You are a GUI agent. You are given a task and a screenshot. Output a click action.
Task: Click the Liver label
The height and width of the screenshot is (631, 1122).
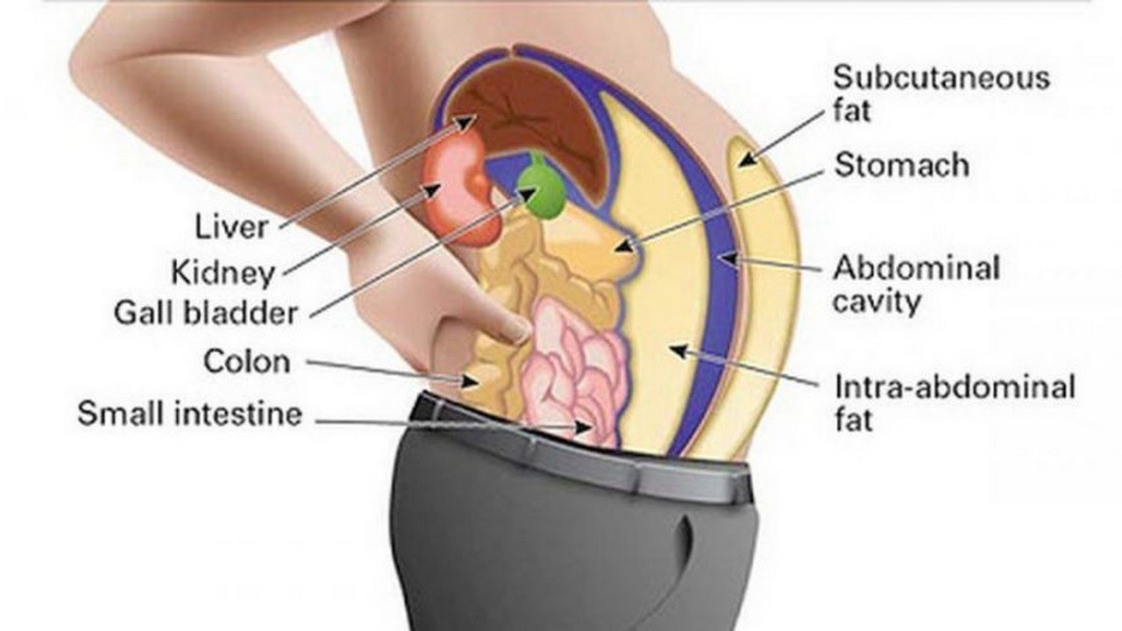coord(231,227)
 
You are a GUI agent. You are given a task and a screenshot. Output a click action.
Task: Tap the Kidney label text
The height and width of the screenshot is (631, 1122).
coord(224,273)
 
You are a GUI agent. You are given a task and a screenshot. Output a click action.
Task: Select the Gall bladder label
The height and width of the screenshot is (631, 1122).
coord(206,313)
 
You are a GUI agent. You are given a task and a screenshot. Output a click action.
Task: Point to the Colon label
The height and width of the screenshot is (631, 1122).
coord(247,361)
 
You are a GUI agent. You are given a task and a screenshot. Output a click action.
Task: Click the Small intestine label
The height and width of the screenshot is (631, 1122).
coord(190,414)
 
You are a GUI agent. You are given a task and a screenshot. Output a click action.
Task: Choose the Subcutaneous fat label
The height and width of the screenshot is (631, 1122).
coord(941,94)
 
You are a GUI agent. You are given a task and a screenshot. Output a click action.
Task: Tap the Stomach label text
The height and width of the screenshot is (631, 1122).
coord(902,166)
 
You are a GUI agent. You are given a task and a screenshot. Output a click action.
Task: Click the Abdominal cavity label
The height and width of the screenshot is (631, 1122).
coord(917,285)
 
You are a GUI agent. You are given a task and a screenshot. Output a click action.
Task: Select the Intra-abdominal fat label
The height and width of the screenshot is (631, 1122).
coord(955,402)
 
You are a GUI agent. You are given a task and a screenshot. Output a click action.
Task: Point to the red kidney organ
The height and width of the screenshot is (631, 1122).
coord(458,188)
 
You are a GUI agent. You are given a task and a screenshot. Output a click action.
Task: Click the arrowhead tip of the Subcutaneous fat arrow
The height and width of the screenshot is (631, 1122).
coord(739,166)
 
